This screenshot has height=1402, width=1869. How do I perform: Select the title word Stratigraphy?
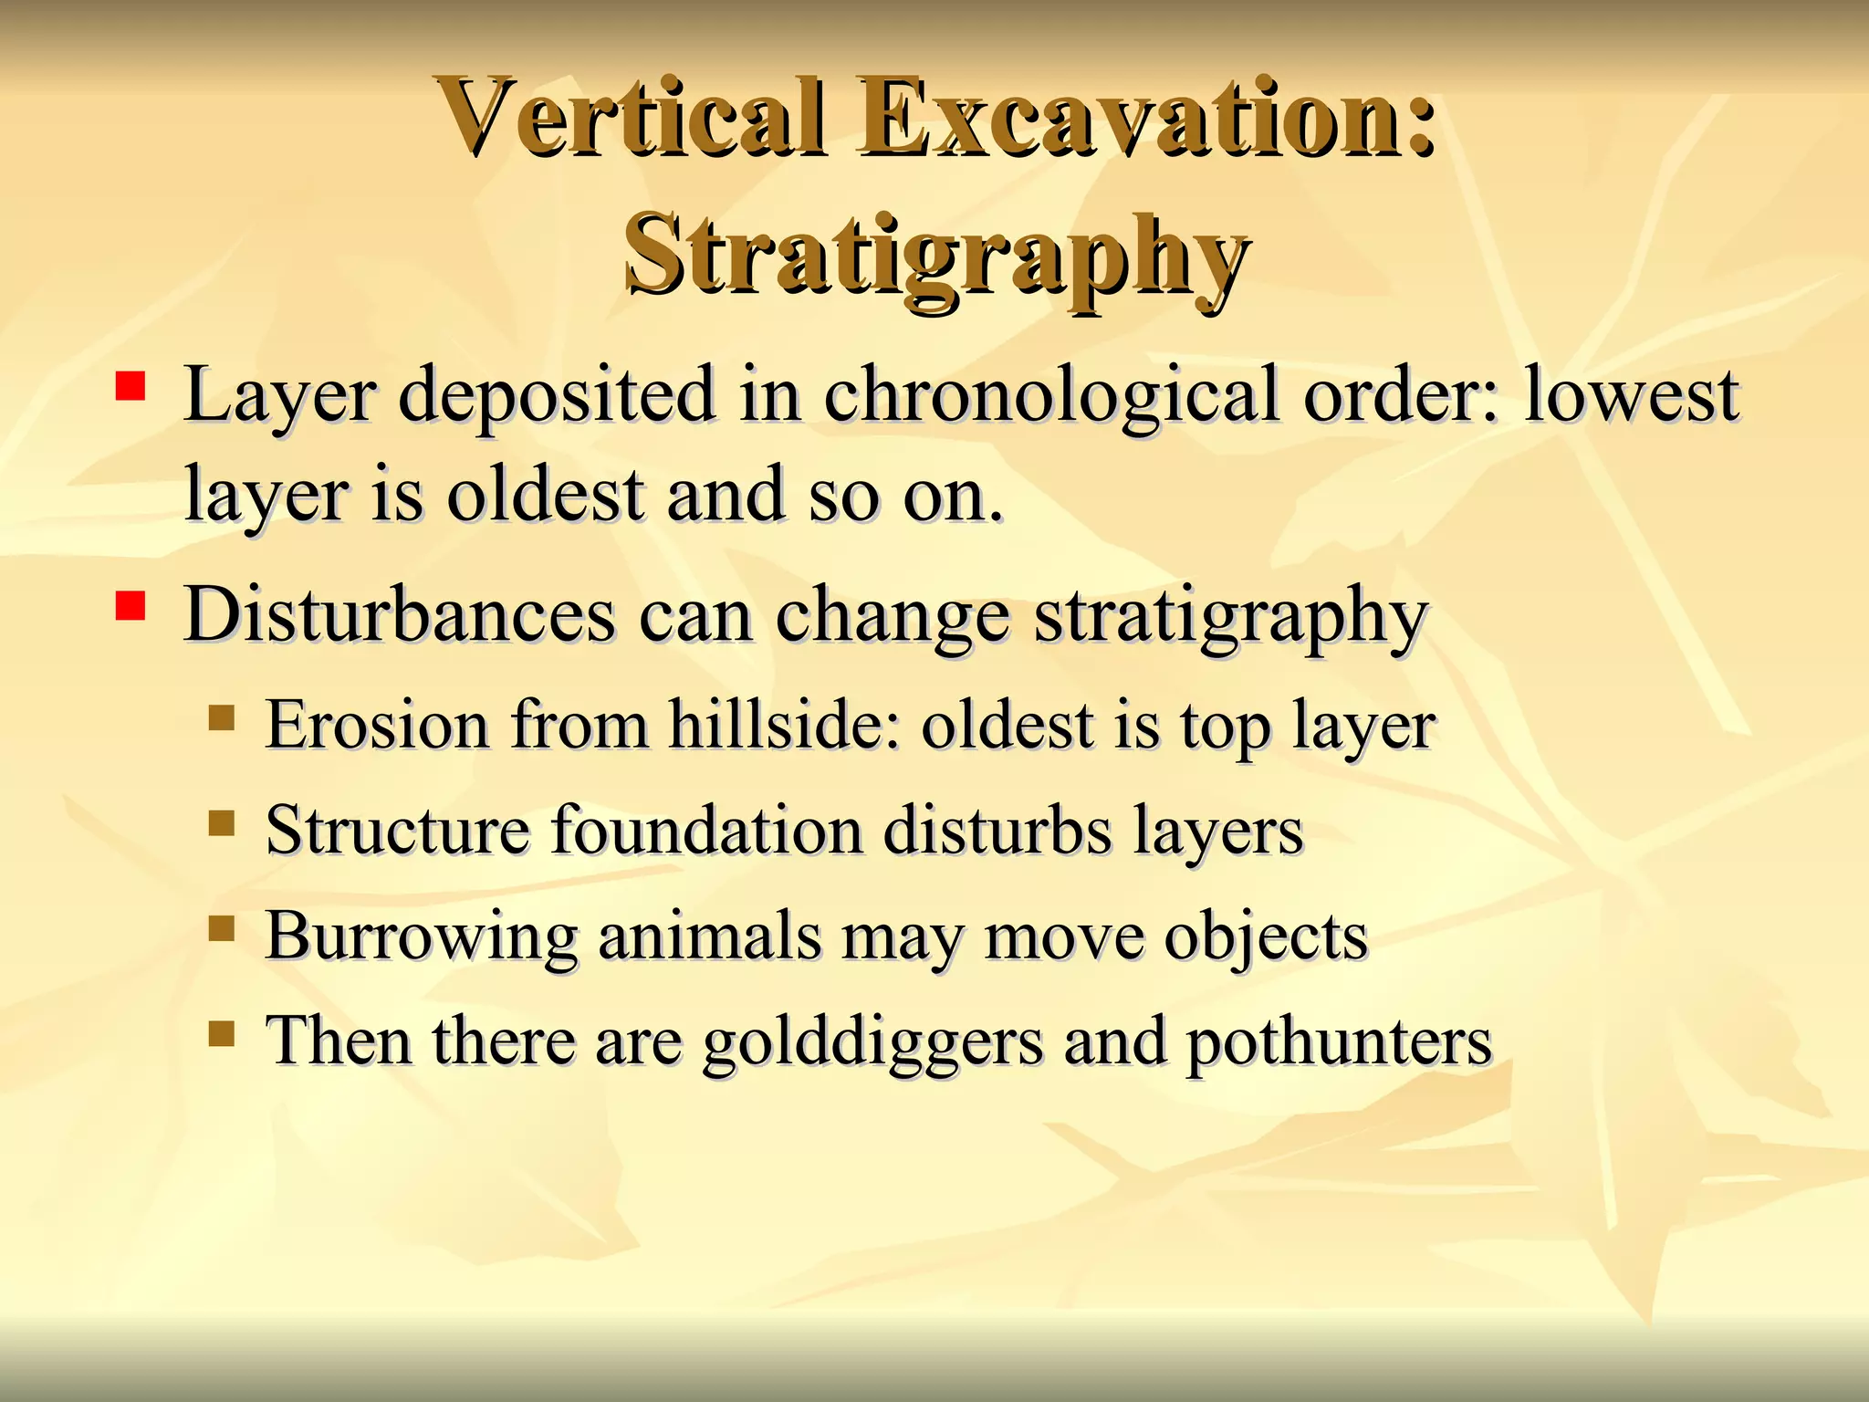point(935,256)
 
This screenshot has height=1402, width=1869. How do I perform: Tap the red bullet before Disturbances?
point(131,606)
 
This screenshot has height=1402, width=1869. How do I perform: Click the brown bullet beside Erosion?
point(221,718)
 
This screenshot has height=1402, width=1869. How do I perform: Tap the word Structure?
point(397,831)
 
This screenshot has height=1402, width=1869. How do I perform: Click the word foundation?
point(706,831)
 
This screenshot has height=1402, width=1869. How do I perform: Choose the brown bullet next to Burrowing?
point(221,929)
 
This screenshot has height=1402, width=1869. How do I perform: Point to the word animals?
point(709,937)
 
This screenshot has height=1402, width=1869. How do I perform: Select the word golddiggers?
point(872,1044)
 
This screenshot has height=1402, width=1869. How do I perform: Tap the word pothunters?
point(1338,1042)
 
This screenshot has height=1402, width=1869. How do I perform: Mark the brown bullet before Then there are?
point(221,1034)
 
